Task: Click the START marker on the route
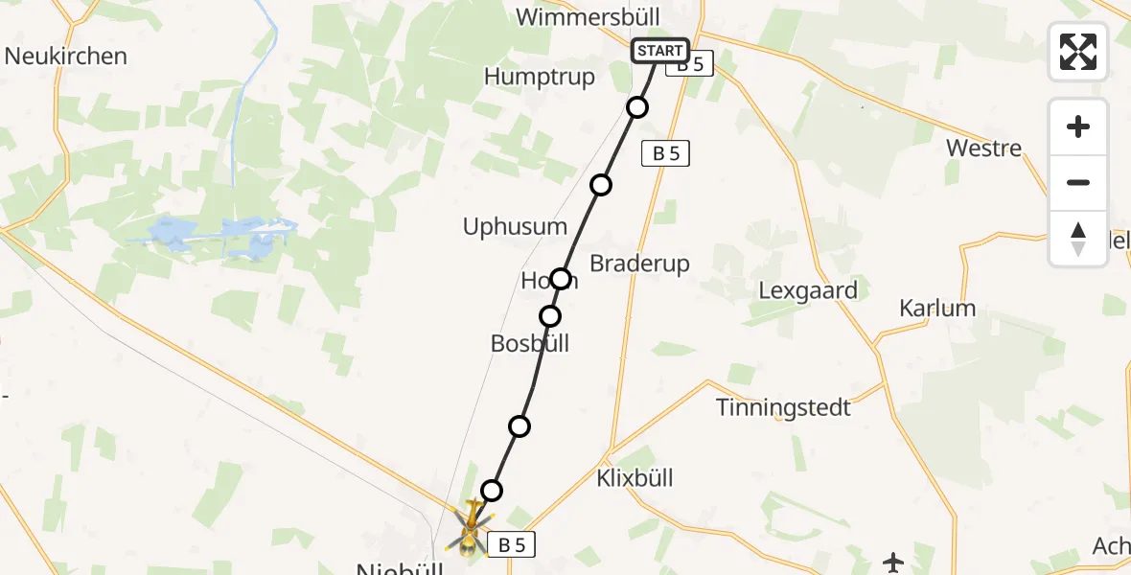coord(659,51)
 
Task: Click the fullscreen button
coord(1078,52)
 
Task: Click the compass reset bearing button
coord(1078,239)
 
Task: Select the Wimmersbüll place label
coord(594,17)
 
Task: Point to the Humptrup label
coord(540,77)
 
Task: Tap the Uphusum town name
coord(515,227)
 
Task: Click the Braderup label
coord(639,263)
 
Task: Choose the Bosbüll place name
coord(530,343)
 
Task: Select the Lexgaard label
coord(807,289)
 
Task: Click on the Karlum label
coord(937,308)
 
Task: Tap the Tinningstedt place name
coord(783,407)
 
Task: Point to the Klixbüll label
coord(635,477)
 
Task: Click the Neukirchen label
coord(65,56)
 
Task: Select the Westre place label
coord(983,148)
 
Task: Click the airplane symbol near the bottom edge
coord(893,563)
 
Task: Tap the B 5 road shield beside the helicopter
coord(512,545)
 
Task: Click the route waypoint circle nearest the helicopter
coord(492,491)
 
